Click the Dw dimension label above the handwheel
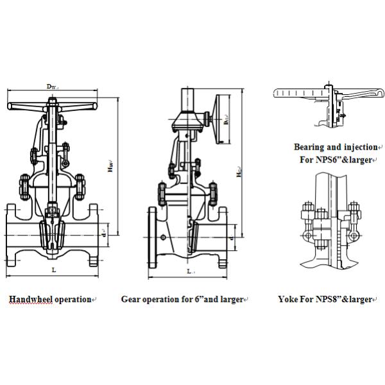point(53,87)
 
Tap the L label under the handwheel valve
point(53,270)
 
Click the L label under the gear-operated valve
point(190,272)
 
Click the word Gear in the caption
point(131,299)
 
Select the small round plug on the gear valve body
point(164,238)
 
